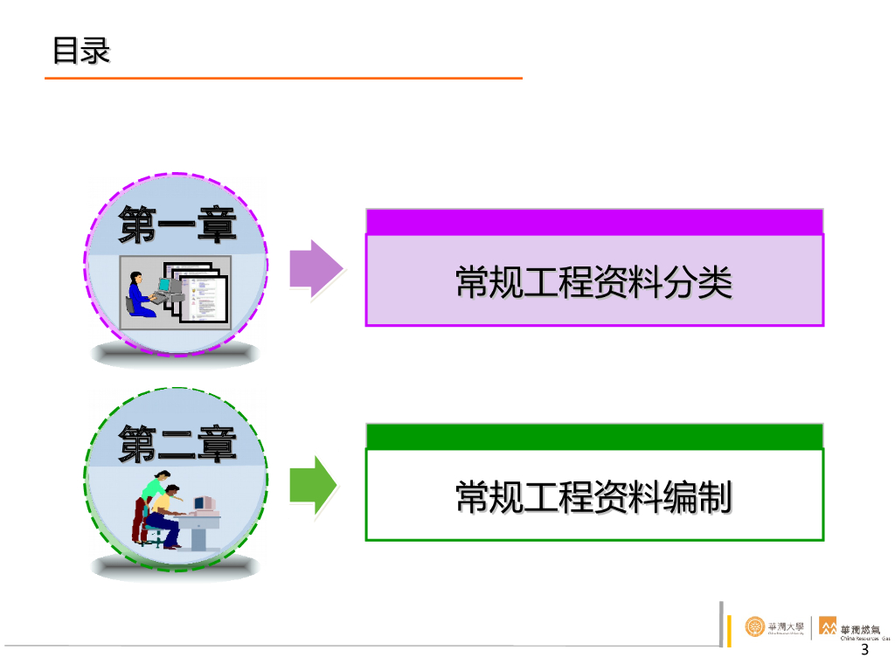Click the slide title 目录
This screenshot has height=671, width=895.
click(x=81, y=50)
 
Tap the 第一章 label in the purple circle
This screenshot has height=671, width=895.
click(x=178, y=225)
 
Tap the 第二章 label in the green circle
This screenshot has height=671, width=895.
click(x=178, y=443)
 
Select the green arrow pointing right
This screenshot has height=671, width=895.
click(x=313, y=484)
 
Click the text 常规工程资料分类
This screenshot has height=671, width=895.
click(x=593, y=282)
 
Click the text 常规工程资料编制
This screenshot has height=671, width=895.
click(x=593, y=497)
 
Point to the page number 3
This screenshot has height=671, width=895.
click(x=865, y=651)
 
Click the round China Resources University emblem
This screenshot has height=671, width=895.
click(x=754, y=626)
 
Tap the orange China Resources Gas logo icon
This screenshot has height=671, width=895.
click(x=827, y=626)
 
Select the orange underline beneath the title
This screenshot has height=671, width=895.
click(x=283, y=79)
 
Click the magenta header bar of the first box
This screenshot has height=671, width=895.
click(x=594, y=221)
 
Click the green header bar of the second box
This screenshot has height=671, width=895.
click(x=594, y=436)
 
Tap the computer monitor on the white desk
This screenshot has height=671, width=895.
click(x=203, y=504)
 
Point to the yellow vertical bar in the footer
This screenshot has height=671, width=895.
click(x=728, y=630)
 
